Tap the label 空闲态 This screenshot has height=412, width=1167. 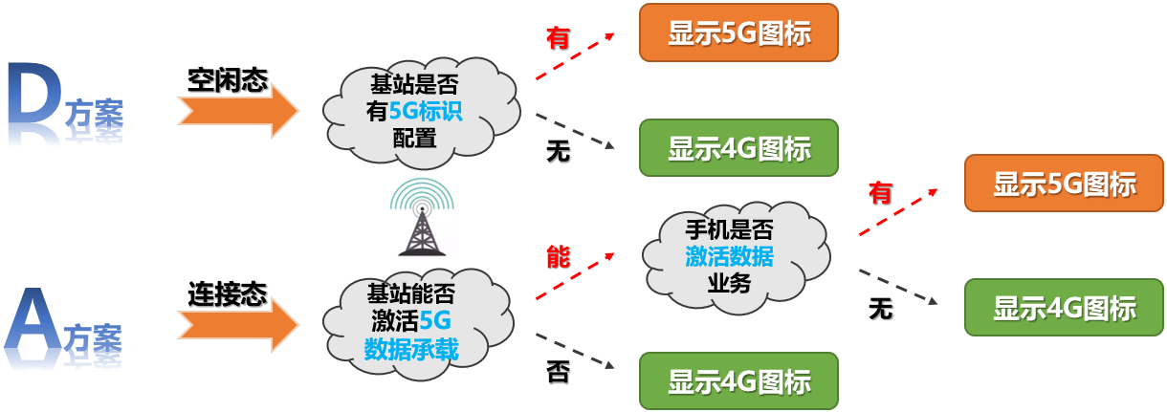click(227, 79)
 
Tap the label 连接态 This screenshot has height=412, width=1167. click(227, 293)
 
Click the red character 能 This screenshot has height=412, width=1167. click(558, 256)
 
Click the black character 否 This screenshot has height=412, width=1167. click(558, 371)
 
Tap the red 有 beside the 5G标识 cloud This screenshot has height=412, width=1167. click(558, 38)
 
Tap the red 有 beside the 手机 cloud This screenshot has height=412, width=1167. click(880, 193)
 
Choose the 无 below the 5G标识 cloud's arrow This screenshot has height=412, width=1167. click(558, 151)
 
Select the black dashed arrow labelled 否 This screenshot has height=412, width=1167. click(574, 350)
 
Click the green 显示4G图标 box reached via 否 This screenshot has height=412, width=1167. click(738, 381)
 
